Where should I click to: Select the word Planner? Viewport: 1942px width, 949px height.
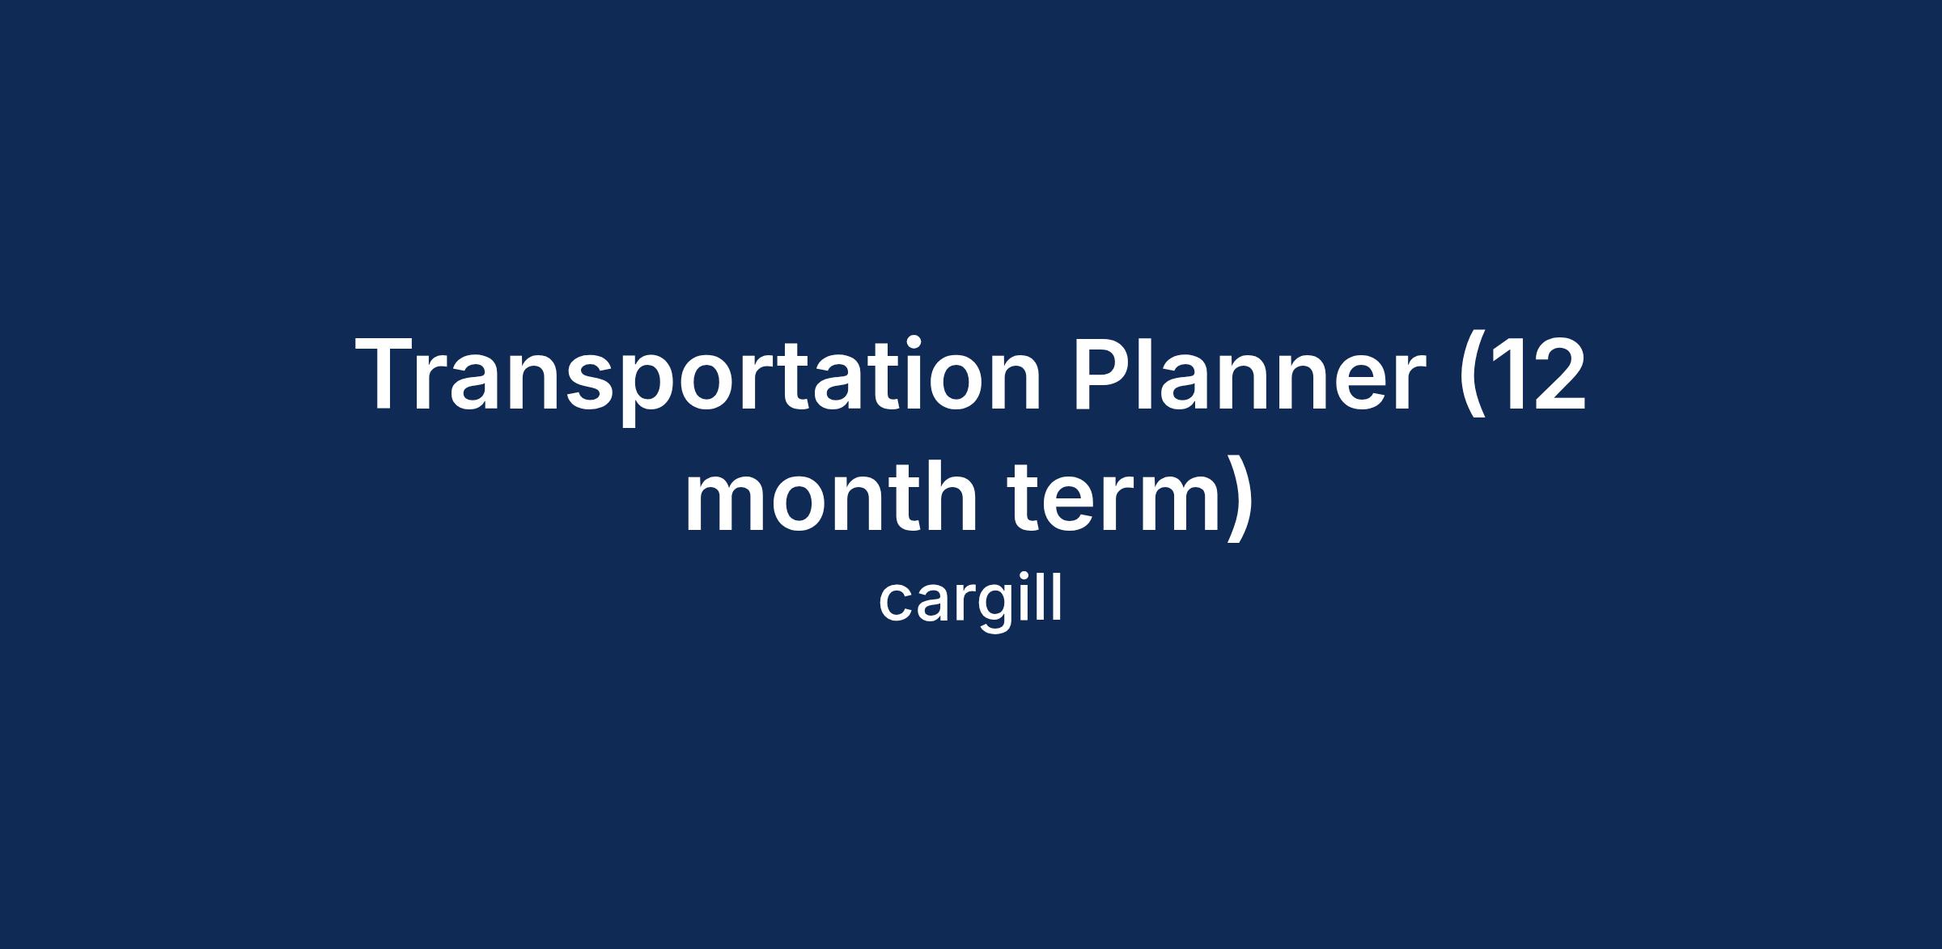point(1248,373)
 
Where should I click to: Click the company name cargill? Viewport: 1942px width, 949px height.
point(970,602)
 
